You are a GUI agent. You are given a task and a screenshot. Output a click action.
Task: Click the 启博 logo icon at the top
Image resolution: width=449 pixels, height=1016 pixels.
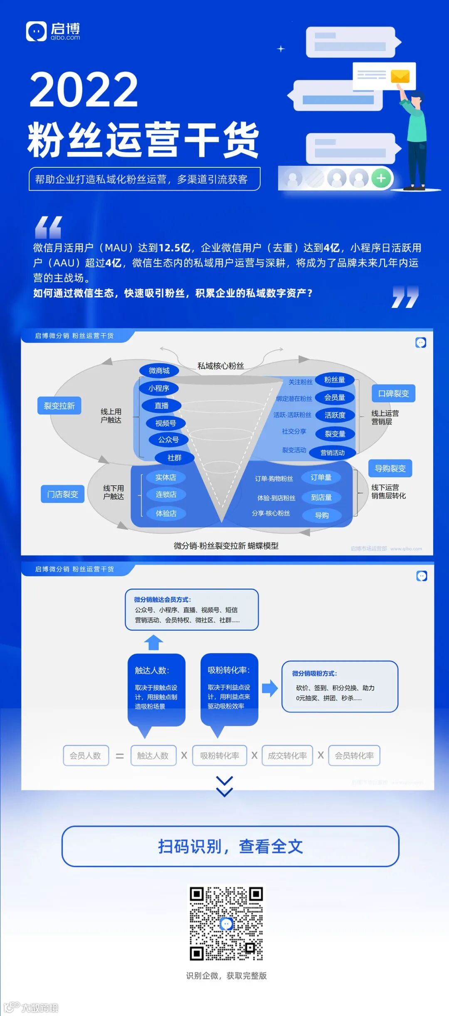pos(36,32)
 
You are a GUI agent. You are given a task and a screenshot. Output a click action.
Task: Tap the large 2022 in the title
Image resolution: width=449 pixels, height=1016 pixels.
pos(84,89)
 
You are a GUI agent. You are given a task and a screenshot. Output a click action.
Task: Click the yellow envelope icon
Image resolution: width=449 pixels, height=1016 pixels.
pos(400,76)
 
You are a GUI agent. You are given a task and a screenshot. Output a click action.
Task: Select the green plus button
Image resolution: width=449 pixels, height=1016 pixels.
pos(381,178)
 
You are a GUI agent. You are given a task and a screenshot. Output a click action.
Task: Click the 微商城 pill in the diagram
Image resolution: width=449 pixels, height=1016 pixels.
pos(159,370)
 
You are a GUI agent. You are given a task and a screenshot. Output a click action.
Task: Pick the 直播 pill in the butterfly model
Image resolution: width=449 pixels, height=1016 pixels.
pos(161,405)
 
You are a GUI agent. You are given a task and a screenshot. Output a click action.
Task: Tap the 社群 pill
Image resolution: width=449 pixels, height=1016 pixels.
pos(174,457)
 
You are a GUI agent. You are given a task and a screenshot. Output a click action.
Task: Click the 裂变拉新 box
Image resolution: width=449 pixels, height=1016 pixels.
pos(59,406)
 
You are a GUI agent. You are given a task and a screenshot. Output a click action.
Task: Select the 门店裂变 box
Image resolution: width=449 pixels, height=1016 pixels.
pos(62,494)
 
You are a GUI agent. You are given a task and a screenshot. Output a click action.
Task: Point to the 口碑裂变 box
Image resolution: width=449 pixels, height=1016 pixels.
pos(393,393)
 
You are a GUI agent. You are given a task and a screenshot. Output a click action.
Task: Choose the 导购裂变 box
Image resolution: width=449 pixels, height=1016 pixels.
pos(390,468)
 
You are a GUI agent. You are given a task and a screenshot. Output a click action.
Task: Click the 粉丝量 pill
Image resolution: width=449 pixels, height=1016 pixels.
pos(335,380)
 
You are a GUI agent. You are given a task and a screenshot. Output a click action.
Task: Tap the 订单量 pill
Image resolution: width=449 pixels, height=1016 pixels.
pos(321,477)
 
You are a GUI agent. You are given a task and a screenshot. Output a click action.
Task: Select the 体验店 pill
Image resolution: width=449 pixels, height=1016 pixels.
pos(166,513)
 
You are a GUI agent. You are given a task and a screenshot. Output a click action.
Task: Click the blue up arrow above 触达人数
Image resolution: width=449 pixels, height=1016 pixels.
pos(153,642)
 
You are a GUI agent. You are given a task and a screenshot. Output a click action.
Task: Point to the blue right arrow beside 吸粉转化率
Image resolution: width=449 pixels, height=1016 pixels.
pos(269,688)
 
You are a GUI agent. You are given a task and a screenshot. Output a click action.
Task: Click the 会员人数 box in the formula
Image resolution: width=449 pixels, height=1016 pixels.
pos(86,755)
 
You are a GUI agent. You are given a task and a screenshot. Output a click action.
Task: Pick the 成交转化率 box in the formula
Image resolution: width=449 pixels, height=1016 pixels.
pos(287,755)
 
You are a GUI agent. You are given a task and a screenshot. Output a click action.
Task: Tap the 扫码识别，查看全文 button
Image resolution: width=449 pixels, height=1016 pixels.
pos(230,846)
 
